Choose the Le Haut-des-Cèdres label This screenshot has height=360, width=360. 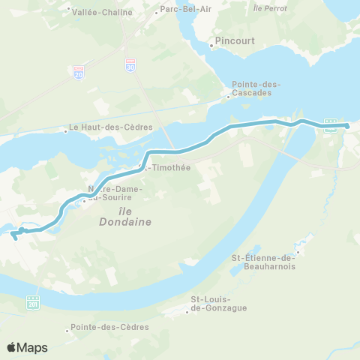pos(110,127)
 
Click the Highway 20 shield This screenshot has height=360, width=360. pos(79,72)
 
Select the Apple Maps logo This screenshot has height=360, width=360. pos(27,347)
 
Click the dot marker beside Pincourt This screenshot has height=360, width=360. pos(212,46)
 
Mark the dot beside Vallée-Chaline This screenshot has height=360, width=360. pos(68,11)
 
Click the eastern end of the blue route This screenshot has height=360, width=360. pos(348,125)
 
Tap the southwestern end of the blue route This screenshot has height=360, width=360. pos(14,238)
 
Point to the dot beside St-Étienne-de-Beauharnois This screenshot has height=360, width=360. pos(298,252)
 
